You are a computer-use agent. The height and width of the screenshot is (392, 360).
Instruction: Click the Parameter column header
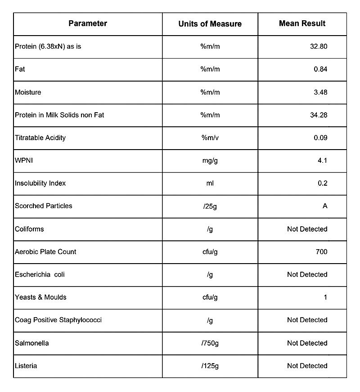click(x=88, y=23)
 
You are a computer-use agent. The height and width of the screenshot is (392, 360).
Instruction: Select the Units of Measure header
click(x=210, y=24)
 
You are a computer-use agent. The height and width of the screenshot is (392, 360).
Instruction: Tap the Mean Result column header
click(x=302, y=23)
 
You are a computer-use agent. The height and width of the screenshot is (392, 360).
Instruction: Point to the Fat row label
click(x=19, y=69)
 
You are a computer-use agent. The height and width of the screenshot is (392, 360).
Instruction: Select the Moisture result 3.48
click(x=320, y=92)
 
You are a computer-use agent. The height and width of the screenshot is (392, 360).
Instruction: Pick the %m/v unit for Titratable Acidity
click(x=210, y=138)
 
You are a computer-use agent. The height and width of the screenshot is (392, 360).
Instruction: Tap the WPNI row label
click(x=24, y=160)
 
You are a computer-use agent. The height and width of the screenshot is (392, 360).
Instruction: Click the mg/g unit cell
click(x=210, y=160)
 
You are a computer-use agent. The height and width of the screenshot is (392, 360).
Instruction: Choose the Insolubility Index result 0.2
click(x=322, y=183)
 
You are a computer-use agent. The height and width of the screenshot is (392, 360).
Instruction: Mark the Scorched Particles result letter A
click(x=325, y=206)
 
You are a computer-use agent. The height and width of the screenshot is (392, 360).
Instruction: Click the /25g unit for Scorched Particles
click(x=210, y=206)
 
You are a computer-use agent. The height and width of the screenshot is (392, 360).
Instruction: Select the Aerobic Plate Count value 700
click(x=321, y=252)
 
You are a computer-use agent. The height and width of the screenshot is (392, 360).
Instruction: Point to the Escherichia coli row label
click(x=40, y=274)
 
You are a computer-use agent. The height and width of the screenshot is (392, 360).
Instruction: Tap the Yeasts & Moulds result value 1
click(x=325, y=297)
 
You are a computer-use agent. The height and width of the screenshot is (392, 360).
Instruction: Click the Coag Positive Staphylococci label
click(x=58, y=320)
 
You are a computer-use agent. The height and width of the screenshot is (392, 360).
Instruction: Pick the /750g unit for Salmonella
click(x=210, y=343)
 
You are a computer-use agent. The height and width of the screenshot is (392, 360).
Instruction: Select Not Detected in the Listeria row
click(x=307, y=366)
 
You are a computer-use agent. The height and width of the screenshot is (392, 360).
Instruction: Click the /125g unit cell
click(x=210, y=366)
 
